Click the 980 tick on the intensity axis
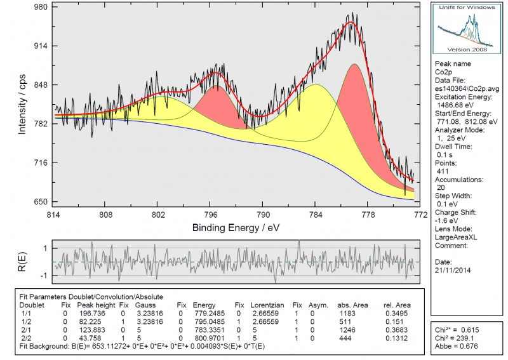tap(39, 8)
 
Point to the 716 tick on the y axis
tap(39, 163)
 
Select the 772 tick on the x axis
tap(419, 215)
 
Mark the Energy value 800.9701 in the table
tap(208, 337)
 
